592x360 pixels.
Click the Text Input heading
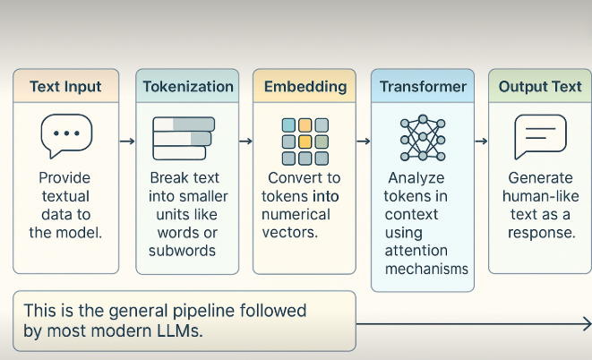65,87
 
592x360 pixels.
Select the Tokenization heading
188,87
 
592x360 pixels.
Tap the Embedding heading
305,87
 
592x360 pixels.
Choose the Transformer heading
423,87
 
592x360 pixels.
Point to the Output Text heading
540,87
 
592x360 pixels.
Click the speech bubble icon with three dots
66,136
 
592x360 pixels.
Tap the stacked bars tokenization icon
184,139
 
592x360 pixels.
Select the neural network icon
423,138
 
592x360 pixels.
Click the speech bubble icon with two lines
540,137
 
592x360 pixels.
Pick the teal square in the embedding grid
288,125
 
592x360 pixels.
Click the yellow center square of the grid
305,141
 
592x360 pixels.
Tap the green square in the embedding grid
322,141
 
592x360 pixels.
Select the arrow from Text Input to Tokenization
127,141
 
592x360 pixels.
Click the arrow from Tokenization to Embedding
245,141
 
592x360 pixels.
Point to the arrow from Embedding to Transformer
364,141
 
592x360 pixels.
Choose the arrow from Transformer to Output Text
481,141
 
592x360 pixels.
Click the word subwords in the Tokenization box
182,251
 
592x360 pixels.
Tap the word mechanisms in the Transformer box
426,269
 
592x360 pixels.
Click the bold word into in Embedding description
325,197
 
